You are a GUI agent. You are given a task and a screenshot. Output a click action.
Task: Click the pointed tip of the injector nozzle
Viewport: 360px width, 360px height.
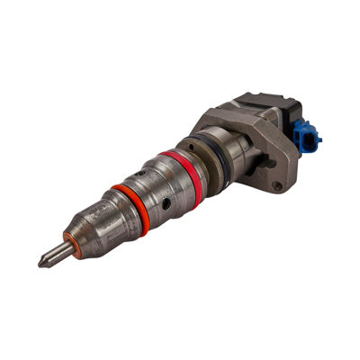(x=40, y=265)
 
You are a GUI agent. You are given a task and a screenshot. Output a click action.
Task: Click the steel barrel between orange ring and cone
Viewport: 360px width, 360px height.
(x=112, y=220)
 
